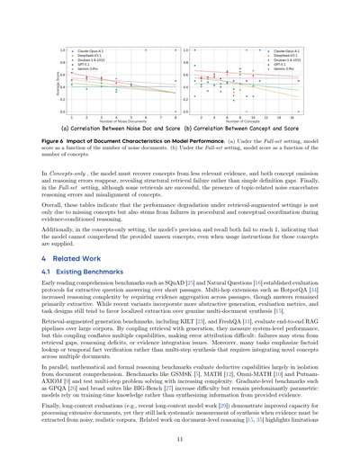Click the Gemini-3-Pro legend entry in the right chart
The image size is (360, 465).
coord(288,68)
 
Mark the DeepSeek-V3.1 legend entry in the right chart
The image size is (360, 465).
coord(290,57)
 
